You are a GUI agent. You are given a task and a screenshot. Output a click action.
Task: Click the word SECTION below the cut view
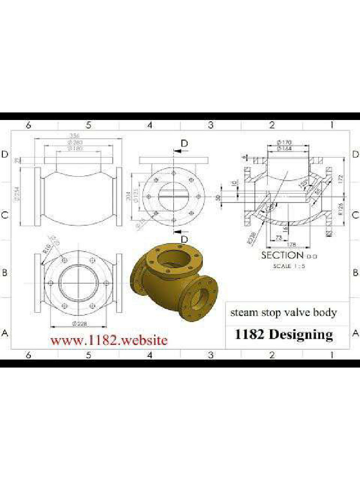point(282,255)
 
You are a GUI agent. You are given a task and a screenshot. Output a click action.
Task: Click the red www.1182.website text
point(109,340)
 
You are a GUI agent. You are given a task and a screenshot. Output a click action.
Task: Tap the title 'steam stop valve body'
point(283,312)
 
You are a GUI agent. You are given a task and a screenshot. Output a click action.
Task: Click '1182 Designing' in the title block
point(283,335)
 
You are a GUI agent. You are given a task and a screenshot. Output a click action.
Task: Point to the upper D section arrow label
point(185,143)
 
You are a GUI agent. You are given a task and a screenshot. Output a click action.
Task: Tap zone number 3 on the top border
point(210,125)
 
